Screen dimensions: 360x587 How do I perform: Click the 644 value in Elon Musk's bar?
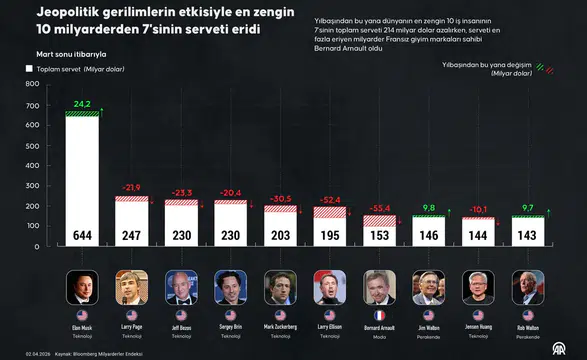pos(82,235)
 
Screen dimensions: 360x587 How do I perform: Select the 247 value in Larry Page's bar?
pos(132,235)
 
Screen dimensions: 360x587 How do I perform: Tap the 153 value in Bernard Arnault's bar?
pos(379,235)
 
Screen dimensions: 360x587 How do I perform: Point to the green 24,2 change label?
pos(81,104)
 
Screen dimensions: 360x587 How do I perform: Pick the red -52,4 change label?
pos(329,199)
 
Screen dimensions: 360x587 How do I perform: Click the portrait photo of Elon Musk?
pos(82,287)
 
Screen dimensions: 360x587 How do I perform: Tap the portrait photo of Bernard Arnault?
pos(379,287)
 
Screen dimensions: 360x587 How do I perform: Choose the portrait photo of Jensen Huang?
pos(478,287)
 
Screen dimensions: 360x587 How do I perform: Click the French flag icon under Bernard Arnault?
pos(379,315)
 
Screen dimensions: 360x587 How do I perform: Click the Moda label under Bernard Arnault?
pos(379,335)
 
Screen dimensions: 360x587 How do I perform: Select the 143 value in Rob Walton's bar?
pos(527,235)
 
